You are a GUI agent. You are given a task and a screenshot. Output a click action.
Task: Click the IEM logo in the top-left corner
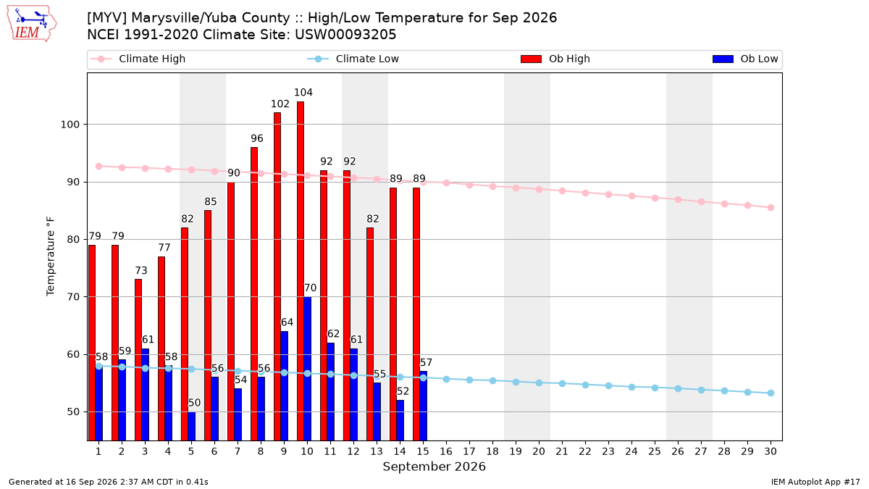[31, 24]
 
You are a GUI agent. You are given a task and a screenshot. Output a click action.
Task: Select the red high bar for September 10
[301, 271]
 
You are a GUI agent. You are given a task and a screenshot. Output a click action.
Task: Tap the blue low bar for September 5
[192, 426]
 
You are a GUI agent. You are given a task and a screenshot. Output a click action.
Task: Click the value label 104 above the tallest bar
[303, 93]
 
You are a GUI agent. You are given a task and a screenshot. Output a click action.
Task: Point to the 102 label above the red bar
[280, 104]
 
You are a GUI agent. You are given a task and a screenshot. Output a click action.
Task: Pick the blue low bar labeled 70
[307, 369]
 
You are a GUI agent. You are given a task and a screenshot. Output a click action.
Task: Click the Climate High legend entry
[138, 59]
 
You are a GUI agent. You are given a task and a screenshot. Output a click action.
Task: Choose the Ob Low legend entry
[745, 59]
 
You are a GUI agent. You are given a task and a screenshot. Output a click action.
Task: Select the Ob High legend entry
[555, 59]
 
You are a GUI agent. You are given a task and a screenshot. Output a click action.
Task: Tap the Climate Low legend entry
[353, 59]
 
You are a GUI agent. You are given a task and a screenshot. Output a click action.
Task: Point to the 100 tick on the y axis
[70, 125]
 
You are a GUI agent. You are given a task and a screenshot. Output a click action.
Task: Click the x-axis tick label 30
[771, 451]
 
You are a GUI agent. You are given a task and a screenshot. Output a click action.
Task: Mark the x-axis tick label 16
[446, 451]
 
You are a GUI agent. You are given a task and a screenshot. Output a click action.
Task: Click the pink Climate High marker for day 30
[771, 208]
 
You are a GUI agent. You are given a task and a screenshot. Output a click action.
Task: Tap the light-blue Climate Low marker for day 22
[585, 385]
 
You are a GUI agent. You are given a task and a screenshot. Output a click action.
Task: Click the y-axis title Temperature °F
[51, 256]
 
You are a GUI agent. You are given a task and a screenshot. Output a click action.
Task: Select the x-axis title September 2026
[434, 467]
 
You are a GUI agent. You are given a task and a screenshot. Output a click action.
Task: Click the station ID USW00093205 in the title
[345, 35]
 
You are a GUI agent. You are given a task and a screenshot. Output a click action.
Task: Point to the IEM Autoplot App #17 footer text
[815, 482]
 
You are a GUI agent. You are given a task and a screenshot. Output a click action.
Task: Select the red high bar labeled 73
[138, 360]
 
